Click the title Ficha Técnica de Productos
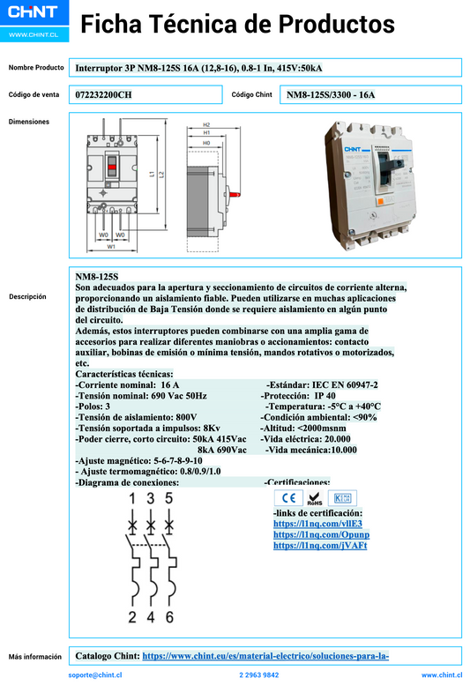click(x=237, y=25)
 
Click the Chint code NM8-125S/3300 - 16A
click(x=331, y=94)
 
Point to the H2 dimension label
click(x=206, y=125)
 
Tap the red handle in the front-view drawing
click(x=111, y=167)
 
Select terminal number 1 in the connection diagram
click(x=132, y=500)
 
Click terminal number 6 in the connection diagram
click(x=169, y=616)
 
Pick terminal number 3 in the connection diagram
click(x=151, y=500)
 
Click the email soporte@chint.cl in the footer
click(x=94, y=675)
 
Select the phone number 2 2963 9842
click(x=259, y=675)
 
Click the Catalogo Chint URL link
click(x=265, y=656)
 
